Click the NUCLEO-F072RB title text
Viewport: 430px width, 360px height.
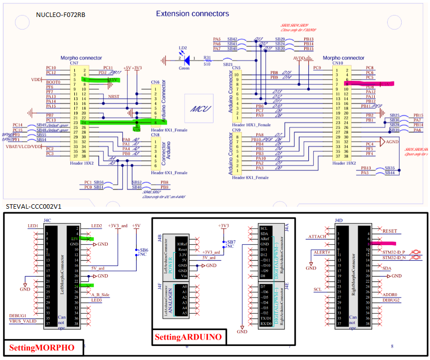60,15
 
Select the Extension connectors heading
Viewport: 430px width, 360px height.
193,14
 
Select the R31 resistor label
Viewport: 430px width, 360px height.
207,57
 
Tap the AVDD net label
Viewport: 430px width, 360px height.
300,58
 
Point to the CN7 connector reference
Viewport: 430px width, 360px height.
74,63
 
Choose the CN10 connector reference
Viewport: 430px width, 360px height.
337,63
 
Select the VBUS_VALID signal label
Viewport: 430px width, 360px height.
23,322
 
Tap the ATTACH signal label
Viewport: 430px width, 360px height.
317,237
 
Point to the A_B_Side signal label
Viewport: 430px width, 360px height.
100,295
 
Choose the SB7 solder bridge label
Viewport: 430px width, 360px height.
231,241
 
